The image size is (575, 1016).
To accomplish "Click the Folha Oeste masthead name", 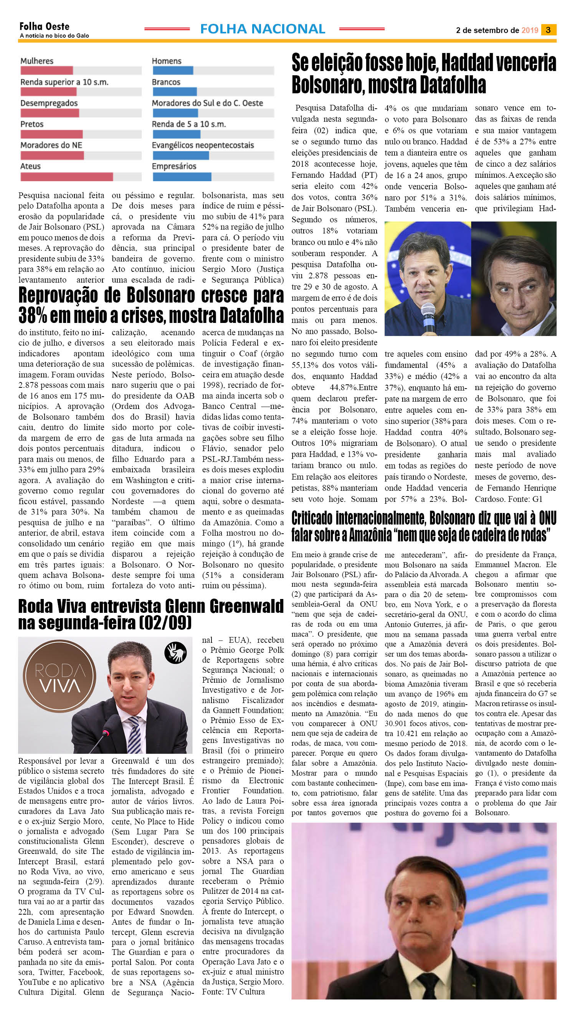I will tap(44, 26).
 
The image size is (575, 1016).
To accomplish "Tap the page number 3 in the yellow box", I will tap(548, 30).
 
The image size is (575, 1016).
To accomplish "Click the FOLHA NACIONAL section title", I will tap(263, 29).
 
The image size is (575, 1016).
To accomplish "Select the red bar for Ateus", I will tap(66, 176).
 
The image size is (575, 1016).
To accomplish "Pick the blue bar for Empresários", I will tap(182, 176).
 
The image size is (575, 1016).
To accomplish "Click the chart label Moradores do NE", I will tap(51, 145).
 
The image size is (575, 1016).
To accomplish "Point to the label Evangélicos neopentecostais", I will tap(203, 145).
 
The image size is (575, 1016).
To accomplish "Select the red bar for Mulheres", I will tap(46, 71).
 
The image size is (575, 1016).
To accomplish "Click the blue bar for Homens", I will tap(173, 71).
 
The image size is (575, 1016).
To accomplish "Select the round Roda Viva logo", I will tap(59, 676).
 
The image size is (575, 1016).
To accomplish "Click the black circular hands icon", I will tap(175, 653).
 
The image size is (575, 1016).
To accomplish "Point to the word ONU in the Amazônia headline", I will tap(547, 518).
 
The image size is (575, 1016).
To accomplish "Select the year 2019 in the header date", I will tap(530, 30).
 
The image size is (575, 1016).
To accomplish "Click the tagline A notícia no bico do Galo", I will tap(54, 36).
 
